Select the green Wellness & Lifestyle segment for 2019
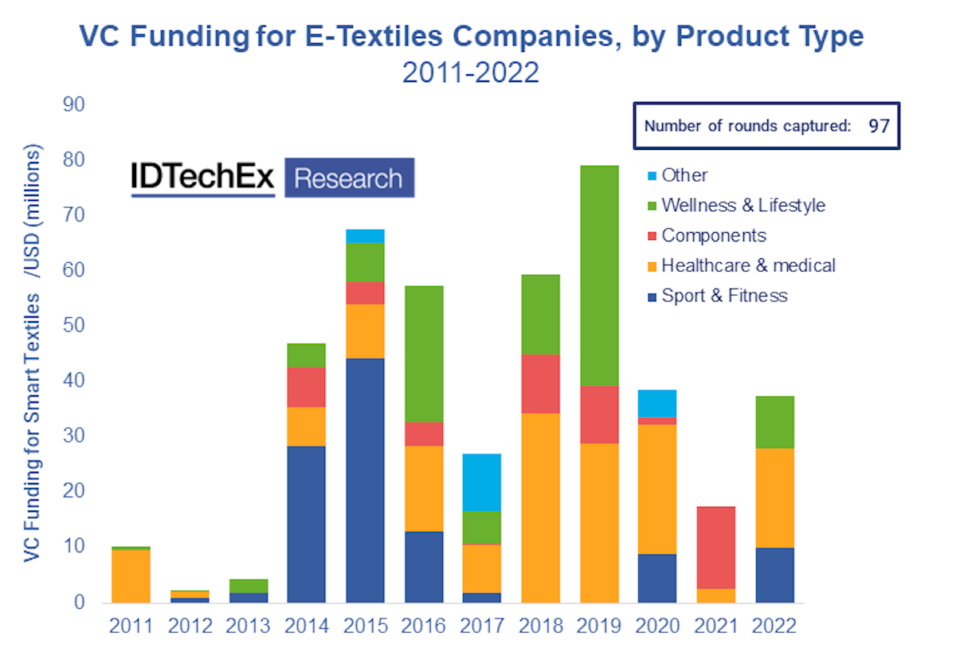click(x=600, y=275)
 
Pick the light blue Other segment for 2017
click(x=482, y=482)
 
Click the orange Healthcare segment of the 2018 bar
click(x=541, y=507)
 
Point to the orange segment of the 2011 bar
click(x=131, y=576)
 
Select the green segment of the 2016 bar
click(x=424, y=354)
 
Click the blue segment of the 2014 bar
click(x=307, y=524)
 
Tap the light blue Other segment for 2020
click(x=658, y=403)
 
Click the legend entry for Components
click(x=713, y=236)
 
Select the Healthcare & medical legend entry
click(x=748, y=266)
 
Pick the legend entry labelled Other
click(x=684, y=175)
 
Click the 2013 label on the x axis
click(x=248, y=626)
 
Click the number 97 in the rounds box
click(x=879, y=126)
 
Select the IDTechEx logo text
click(x=202, y=178)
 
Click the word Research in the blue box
click(x=349, y=178)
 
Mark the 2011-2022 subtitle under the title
click(x=470, y=73)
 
